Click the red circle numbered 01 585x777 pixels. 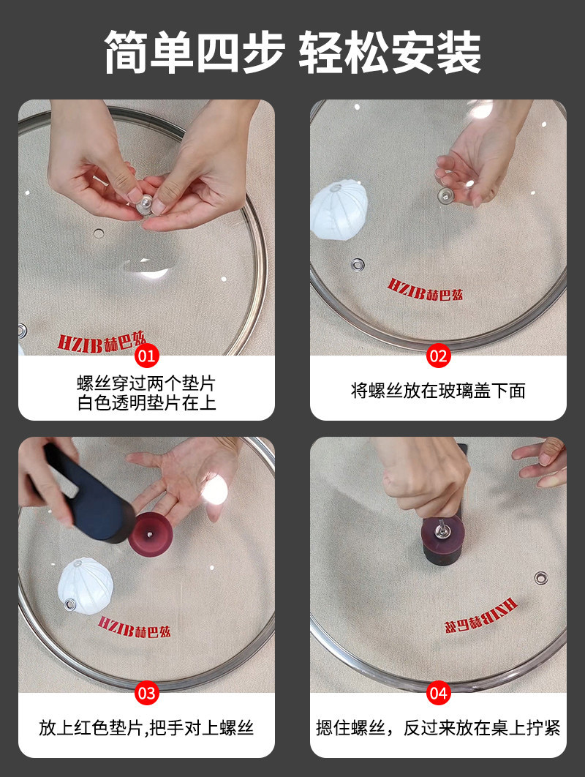tap(147, 356)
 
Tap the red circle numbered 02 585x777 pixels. tap(438, 356)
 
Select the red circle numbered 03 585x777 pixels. tap(147, 693)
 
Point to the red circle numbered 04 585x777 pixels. tap(438, 693)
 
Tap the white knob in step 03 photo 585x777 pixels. tap(86, 586)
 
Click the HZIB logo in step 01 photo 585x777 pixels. tap(102, 342)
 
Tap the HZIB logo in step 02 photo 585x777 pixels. tap(425, 290)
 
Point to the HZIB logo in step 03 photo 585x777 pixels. tap(135, 627)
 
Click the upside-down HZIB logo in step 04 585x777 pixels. tap(480, 616)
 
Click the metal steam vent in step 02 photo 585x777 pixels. tap(358, 264)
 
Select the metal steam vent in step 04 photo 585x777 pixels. tap(540, 578)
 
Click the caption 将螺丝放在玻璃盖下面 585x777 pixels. tap(438, 391)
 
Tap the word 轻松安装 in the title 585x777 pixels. tap(390, 53)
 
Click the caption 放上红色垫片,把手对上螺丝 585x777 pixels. tap(147, 728)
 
